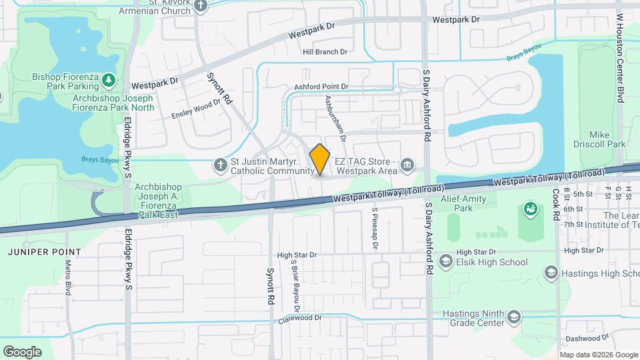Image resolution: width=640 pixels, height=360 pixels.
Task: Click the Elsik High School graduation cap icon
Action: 445,262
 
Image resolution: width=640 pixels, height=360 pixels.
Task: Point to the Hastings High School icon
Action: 551,272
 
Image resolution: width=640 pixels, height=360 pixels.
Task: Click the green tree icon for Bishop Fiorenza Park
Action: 109,81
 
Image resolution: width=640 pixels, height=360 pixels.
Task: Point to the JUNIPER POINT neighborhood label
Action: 45,252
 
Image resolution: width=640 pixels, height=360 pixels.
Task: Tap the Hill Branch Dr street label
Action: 325,52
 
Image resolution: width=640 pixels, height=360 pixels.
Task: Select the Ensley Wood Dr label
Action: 196,107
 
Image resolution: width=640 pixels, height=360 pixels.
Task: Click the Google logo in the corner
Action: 22,351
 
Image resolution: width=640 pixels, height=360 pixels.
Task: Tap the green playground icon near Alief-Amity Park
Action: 530,209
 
